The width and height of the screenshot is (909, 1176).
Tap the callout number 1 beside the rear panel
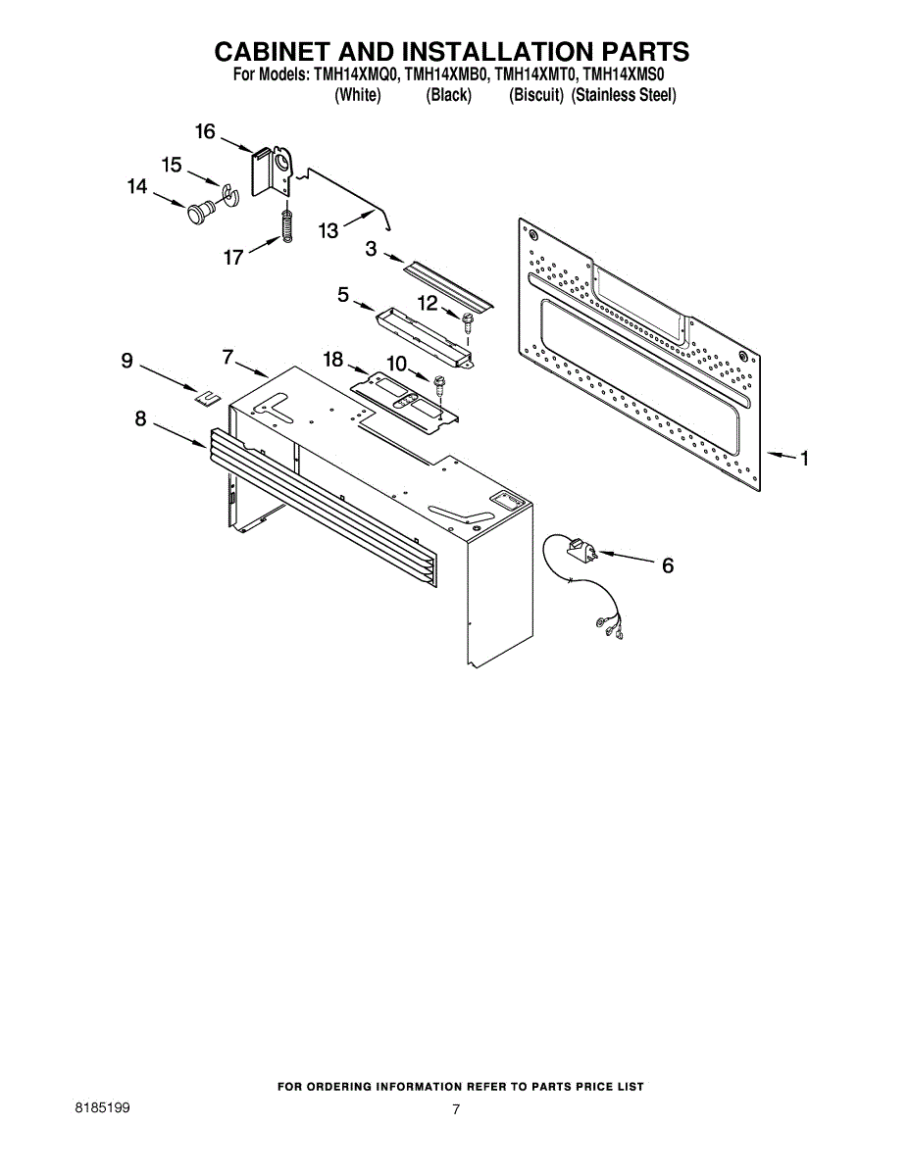click(x=804, y=458)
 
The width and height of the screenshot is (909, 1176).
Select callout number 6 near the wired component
click(x=668, y=565)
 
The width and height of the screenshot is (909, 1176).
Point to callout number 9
click(x=126, y=361)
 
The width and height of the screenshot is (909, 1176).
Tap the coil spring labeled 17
click(x=286, y=227)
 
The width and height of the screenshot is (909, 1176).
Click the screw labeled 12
click(x=467, y=318)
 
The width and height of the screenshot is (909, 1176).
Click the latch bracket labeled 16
click(x=272, y=172)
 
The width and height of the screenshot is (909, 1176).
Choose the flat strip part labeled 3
click(x=450, y=283)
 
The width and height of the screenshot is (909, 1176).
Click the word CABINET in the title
click(x=285, y=52)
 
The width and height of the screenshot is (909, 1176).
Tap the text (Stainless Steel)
click(x=624, y=95)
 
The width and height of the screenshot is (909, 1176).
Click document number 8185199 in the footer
click(x=103, y=1107)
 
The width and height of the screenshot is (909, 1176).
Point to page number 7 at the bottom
click(x=456, y=1109)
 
